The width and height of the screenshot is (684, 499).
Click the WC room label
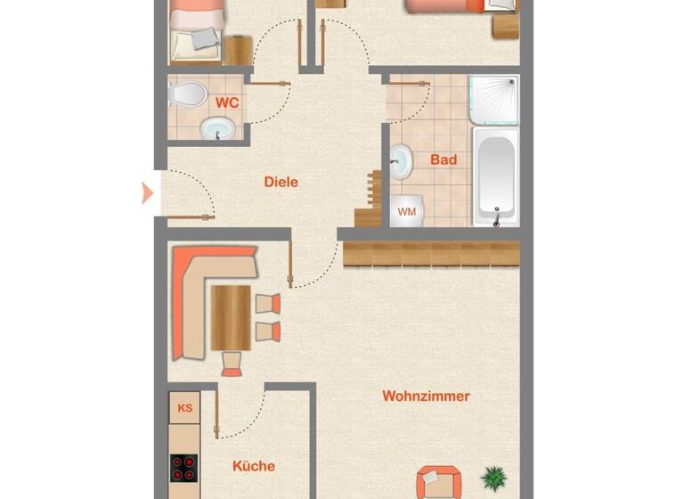(227, 102)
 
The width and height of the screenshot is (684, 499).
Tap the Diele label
(281, 182)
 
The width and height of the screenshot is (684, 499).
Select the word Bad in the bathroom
(443, 160)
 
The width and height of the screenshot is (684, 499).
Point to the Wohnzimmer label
(426, 396)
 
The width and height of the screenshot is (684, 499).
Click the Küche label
(253, 465)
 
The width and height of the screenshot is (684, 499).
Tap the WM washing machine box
(407, 211)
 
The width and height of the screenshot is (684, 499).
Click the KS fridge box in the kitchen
(184, 409)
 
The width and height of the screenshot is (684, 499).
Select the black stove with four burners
(184, 469)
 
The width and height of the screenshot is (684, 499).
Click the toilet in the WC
(187, 93)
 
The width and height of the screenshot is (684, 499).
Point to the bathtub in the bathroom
(494, 176)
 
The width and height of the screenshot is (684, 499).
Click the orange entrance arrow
(148, 192)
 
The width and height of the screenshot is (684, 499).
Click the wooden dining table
(231, 317)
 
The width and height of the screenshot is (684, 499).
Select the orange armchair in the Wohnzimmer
(438, 481)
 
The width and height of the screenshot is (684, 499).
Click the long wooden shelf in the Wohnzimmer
(431, 253)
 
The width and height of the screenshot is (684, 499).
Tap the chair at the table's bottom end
(232, 362)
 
